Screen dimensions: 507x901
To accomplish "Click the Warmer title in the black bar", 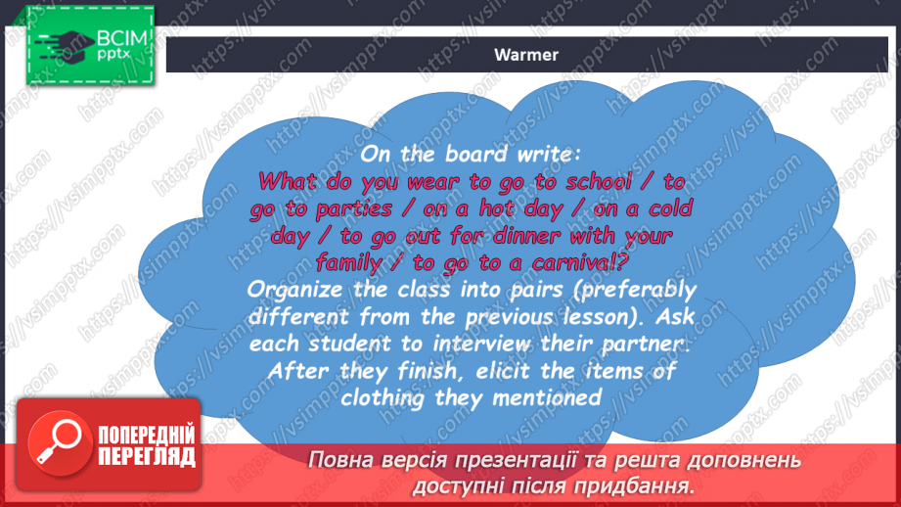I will click(526, 56).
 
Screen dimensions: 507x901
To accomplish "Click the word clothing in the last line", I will click(383, 398).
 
